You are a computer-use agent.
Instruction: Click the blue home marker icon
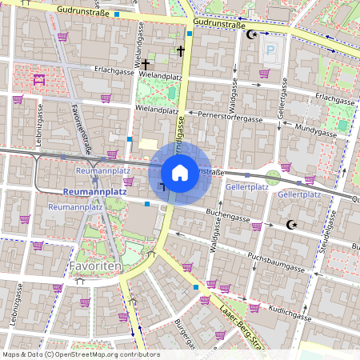pyautogui.click(x=180, y=172)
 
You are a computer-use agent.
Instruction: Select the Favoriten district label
pyautogui.click(x=94, y=265)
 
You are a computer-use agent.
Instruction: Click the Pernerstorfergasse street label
pyautogui.click(x=231, y=118)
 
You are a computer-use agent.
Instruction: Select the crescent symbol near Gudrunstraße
pyautogui.click(x=254, y=34)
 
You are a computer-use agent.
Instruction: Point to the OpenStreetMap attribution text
pyautogui.click(x=80, y=354)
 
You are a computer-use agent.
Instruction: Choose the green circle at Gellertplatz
pyautogui.click(x=273, y=176)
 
